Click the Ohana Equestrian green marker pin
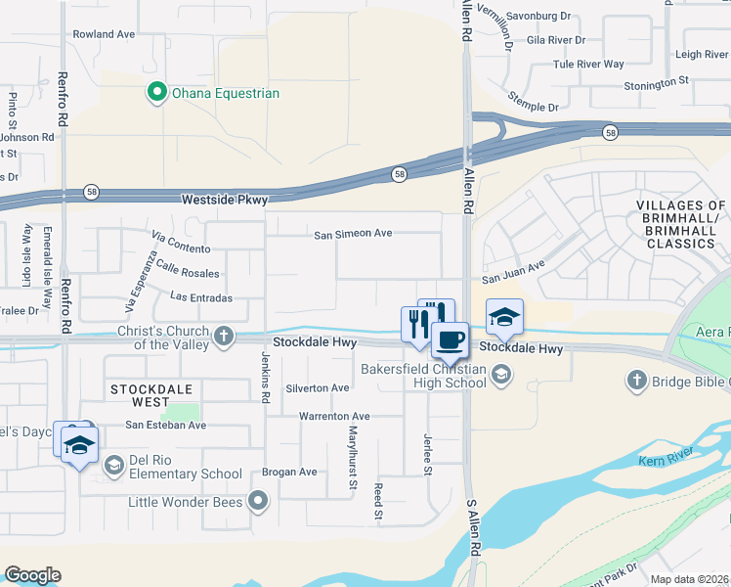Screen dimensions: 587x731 tap(155, 93)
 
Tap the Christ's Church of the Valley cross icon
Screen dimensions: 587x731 tap(224, 337)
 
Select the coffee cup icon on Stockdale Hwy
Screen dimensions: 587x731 tap(450, 339)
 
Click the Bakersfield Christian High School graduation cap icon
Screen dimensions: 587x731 tap(500, 374)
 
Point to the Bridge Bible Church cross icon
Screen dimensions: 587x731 tap(637, 379)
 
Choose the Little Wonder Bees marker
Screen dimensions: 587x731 tap(259, 502)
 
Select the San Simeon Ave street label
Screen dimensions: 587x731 tap(353, 234)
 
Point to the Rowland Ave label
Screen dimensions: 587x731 tap(104, 34)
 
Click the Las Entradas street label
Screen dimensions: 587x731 tap(201, 296)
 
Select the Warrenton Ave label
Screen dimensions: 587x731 tap(334, 416)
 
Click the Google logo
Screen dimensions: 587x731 tap(32, 575)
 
